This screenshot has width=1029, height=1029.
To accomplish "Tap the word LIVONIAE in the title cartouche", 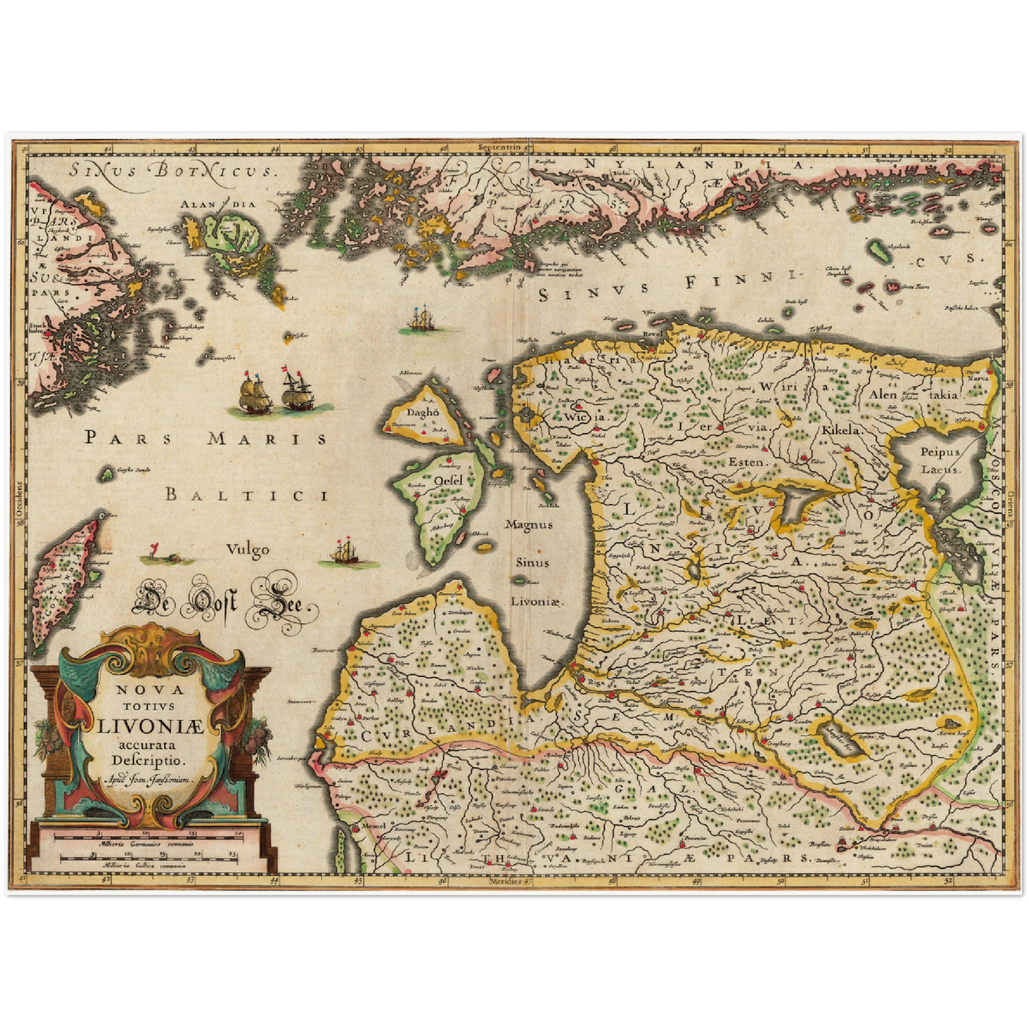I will coord(150,727).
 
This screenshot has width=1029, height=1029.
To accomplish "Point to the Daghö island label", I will coord(420,412).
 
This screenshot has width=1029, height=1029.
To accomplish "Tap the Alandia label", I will coord(217,204).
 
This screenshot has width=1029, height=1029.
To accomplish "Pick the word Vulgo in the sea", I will coord(248,549).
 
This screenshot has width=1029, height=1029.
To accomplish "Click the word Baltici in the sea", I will coord(246,494).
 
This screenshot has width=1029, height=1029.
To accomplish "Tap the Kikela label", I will coord(842,430).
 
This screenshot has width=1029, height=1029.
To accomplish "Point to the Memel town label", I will coord(373,825).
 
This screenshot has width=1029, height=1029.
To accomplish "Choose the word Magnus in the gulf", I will coord(528,524).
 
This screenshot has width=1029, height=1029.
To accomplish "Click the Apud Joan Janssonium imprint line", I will coord(149,780).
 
